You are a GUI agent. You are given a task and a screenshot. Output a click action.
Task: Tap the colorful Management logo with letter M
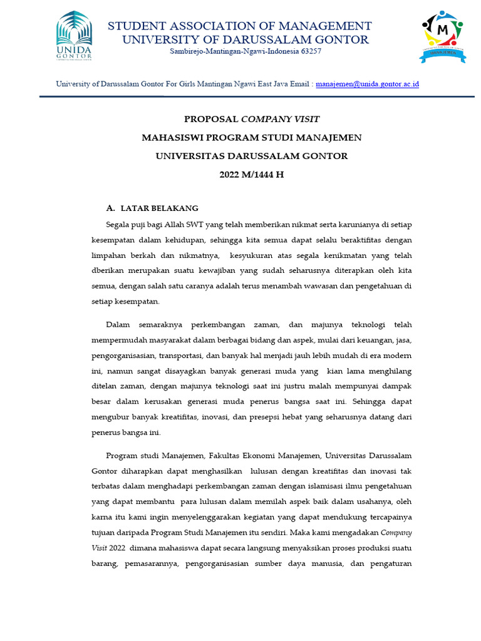(x=442, y=36)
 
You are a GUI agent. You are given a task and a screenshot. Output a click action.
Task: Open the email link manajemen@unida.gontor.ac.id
(x=367, y=83)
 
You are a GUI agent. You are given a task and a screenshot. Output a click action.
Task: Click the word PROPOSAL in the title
(x=210, y=119)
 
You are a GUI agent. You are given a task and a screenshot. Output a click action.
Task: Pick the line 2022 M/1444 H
(x=251, y=175)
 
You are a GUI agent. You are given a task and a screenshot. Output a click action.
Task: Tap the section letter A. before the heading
(x=111, y=208)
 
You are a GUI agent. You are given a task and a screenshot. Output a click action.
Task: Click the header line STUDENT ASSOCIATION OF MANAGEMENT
(x=240, y=26)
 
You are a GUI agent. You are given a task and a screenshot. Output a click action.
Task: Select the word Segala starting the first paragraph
(x=119, y=224)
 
